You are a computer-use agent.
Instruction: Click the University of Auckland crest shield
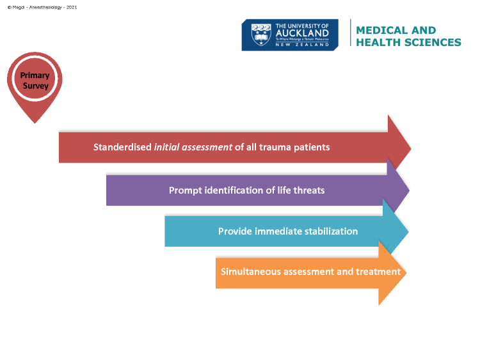[261, 35]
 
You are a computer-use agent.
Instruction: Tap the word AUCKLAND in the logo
[302, 33]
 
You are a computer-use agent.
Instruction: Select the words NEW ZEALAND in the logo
[302, 45]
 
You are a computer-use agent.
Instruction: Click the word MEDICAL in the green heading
[381, 30]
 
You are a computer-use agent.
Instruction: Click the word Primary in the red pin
[35, 75]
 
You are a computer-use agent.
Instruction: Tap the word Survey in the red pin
[35, 86]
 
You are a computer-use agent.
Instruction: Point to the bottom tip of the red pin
[35, 123]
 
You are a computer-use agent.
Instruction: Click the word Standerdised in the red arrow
[122, 147]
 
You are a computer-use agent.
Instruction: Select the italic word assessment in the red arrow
[207, 148]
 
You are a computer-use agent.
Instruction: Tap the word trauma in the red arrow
[275, 148]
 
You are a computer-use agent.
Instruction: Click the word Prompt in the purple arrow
[186, 191]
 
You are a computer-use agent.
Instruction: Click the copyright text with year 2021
[42, 7]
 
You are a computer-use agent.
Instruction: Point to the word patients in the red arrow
[312, 148]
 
